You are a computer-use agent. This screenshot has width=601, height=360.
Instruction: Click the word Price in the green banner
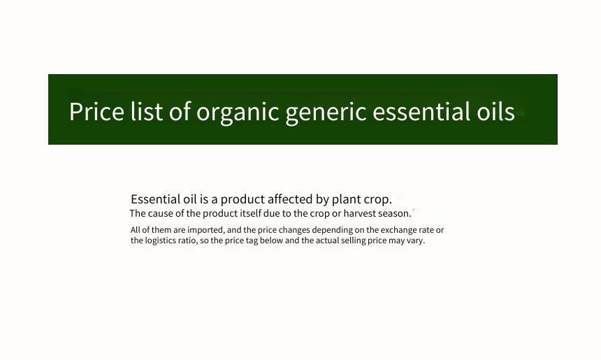tap(96, 112)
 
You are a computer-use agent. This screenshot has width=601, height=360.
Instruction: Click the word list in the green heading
tap(147, 112)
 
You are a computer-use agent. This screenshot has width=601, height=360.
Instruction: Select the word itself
tap(250, 213)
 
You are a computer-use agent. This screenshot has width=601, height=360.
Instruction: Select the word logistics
tap(161, 241)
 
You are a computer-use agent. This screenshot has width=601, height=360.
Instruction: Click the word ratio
tap(188, 240)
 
